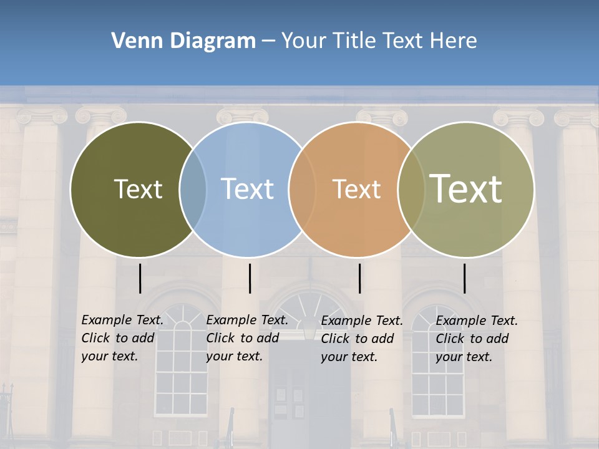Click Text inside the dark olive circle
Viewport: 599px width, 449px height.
coord(138,189)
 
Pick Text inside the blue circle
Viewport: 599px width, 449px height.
coord(247,189)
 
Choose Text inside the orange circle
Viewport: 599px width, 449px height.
coord(356,189)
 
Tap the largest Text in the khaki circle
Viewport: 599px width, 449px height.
coord(465,188)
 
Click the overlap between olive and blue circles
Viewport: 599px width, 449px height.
coord(193,189)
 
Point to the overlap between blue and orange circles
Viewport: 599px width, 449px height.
coord(302,189)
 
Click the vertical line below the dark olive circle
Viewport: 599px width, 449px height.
coord(140,278)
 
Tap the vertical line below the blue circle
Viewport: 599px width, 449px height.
coord(250,278)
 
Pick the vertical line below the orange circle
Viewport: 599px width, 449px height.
coord(359,278)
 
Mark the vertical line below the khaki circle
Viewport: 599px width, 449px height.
coord(464,278)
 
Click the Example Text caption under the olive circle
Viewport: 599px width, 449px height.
coord(122,338)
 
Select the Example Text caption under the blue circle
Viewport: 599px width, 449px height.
coord(247,338)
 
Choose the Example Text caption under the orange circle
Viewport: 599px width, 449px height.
coord(362,339)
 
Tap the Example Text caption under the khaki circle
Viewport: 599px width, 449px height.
coord(477,339)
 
